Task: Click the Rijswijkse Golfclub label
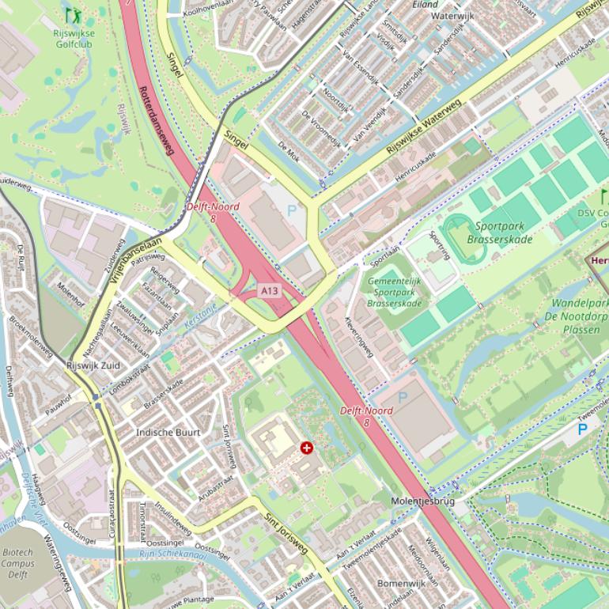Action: point(73,40)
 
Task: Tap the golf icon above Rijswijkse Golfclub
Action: point(73,15)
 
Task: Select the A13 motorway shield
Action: point(270,291)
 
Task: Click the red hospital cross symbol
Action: point(307,448)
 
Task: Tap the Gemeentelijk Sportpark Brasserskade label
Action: point(395,292)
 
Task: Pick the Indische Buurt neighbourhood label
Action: point(168,433)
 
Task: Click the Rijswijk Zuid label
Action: point(93,365)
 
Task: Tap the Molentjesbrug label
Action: point(422,501)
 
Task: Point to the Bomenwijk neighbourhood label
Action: point(402,583)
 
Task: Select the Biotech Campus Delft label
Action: point(17,564)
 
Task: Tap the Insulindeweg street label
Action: point(173,518)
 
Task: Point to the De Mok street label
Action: point(289,149)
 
